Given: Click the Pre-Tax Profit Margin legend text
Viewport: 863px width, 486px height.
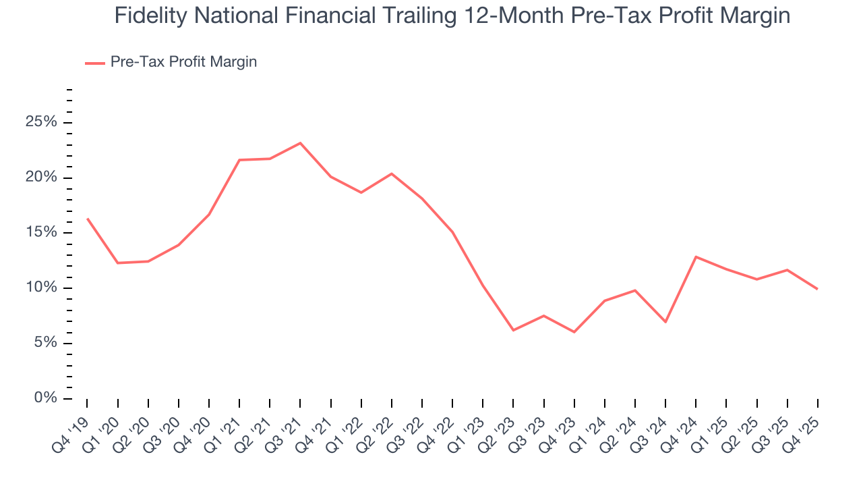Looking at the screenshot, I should pyautogui.click(x=183, y=62).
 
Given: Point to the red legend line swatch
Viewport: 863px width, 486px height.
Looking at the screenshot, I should pyautogui.click(x=94, y=63).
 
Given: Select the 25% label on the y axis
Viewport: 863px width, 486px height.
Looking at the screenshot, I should pyautogui.click(x=41, y=122).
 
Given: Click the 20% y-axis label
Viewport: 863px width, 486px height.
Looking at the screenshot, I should pyautogui.click(x=41, y=178).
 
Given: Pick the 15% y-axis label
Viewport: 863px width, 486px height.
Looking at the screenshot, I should pyautogui.click(x=41, y=233).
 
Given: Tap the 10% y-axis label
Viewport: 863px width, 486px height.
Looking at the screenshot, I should pyautogui.click(x=41, y=288).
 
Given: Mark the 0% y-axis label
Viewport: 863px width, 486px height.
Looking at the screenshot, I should pyautogui.click(x=44, y=398).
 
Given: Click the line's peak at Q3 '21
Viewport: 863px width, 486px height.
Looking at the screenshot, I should pyautogui.click(x=300, y=143).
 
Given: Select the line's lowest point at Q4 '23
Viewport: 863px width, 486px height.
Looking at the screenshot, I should pyautogui.click(x=574, y=332).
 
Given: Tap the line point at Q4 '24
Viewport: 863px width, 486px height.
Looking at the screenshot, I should pyautogui.click(x=696, y=256).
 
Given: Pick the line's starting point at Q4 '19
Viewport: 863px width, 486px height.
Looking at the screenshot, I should pyautogui.click(x=87, y=219).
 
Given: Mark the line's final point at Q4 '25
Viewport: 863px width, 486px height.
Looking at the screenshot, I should pyautogui.click(x=818, y=289).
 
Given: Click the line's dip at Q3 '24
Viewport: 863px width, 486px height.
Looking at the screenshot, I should pyautogui.click(x=665, y=322).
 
